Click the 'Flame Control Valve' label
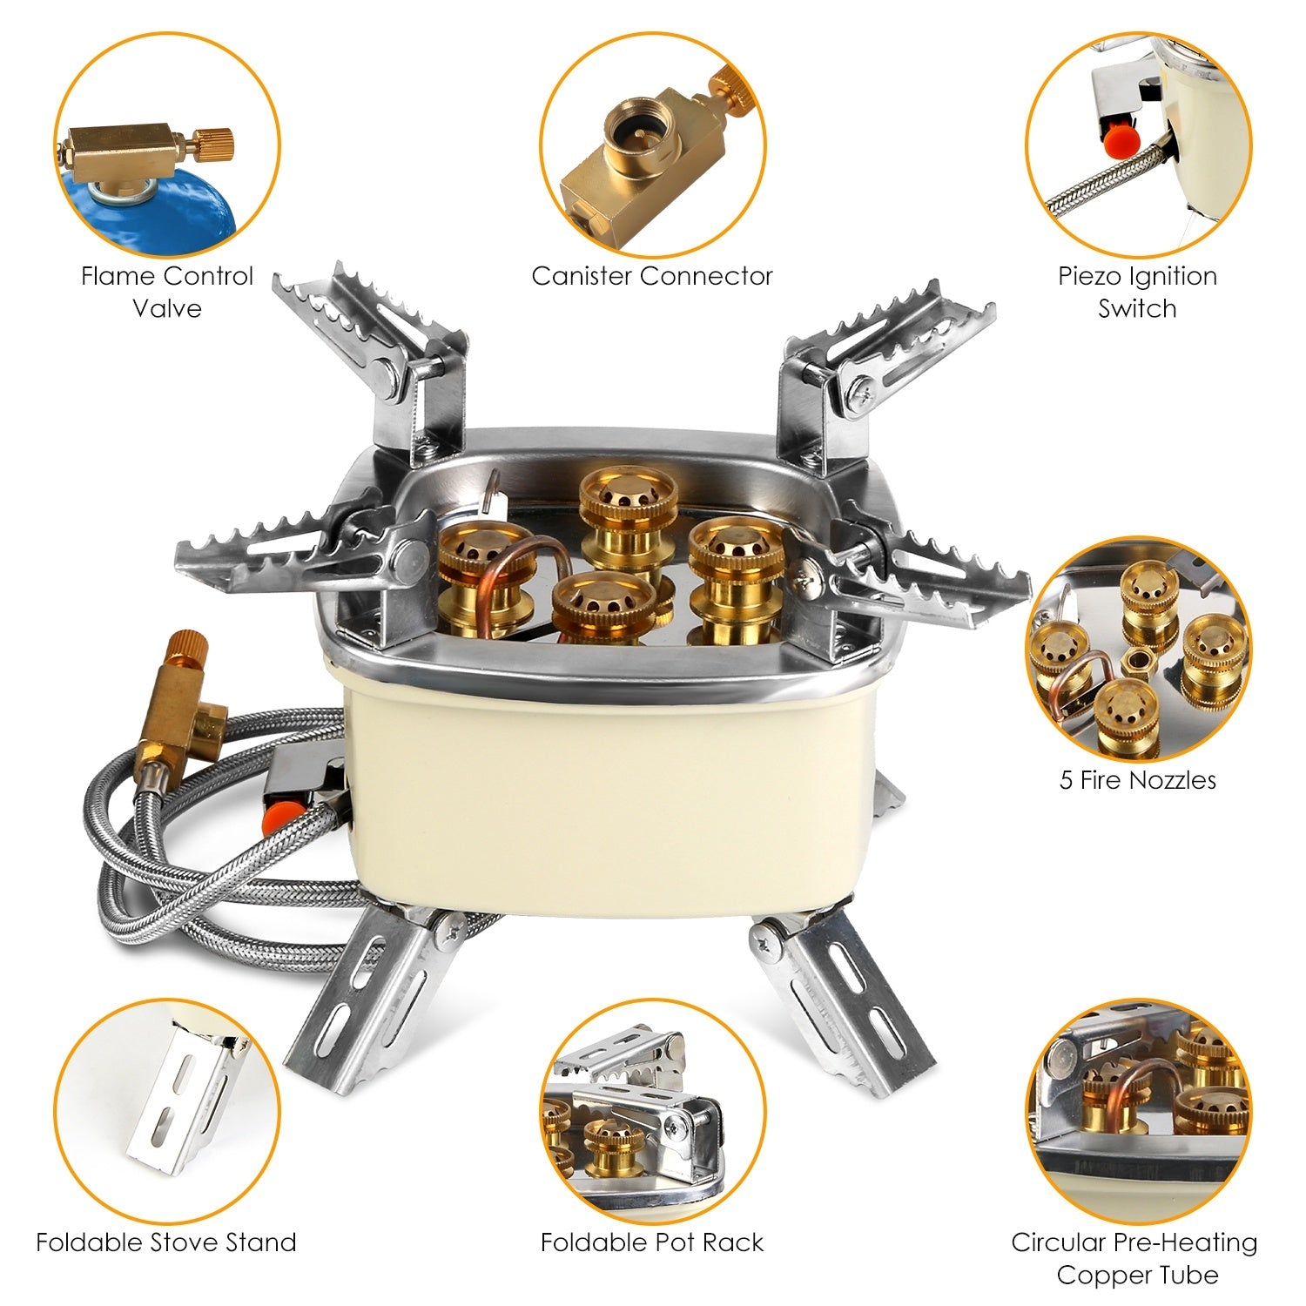[166, 293]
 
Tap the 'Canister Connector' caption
[652, 277]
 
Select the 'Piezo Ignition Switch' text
[1137, 293]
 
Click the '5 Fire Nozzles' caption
[1137, 779]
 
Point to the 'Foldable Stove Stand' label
[166, 1242]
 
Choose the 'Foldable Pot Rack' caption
[652, 1242]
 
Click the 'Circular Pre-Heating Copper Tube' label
[1134, 1258]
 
